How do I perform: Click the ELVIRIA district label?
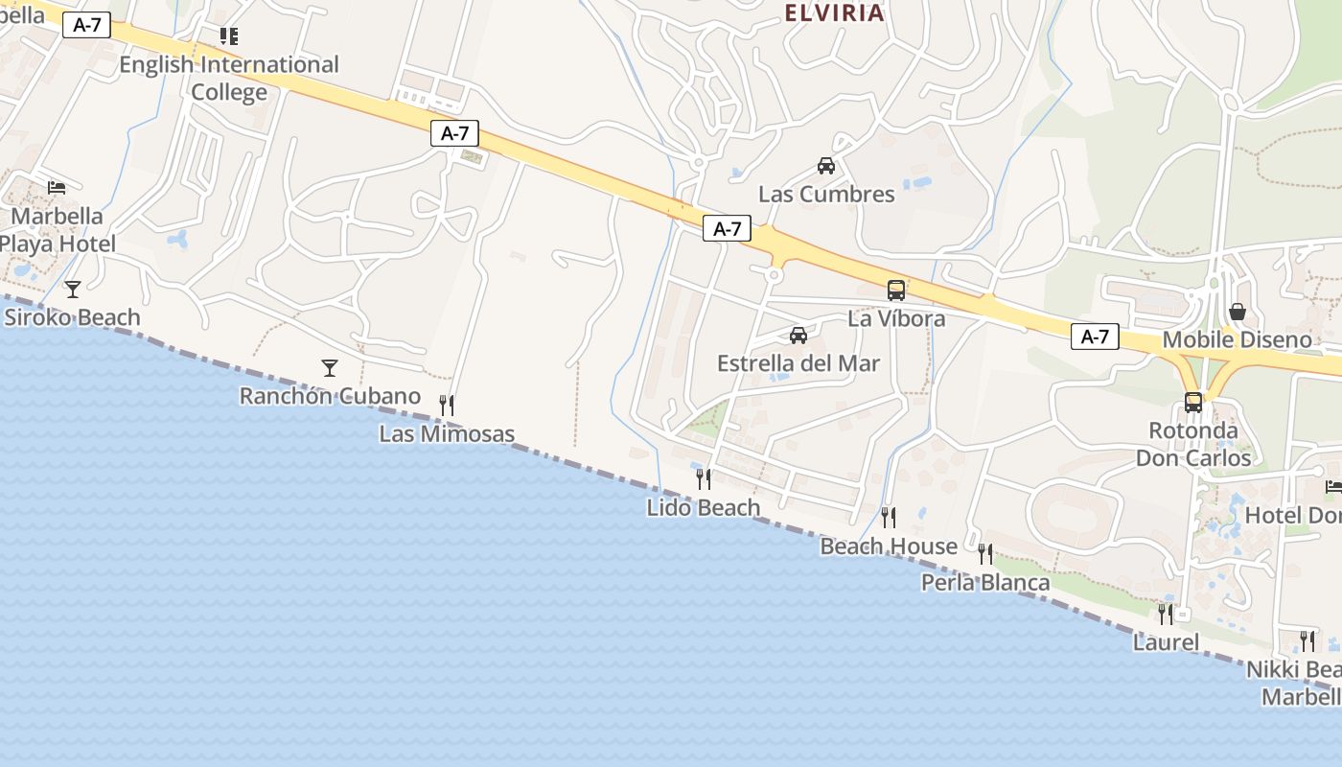pyautogui.click(x=834, y=12)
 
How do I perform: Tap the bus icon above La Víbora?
pyautogui.click(x=896, y=290)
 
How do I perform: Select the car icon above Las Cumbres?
pyautogui.click(x=826, y=166)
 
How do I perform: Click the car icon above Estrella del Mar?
pyautogui.click(x=798, y=335)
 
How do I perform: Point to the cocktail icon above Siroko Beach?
pyautogui.click(x=73, y=289)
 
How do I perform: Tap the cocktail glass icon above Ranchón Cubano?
pyautogui.click(x=330, y=367)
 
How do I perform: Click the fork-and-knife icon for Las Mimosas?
pyautogui.click(x=446, y=406)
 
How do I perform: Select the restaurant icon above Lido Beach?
pyautogui.click(x=704, y=479)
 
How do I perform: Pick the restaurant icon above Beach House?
pyautogui.click(x=889, y=518)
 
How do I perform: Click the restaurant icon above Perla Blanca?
pyautogui.click(x=985, y=554)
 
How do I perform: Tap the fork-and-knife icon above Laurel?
pyautogui.click(x=1166, y=614)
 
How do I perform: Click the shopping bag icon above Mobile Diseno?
pyautogui.click(x=1238, y=312)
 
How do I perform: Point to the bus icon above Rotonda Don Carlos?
pyautogui.click(x=1193, y=403)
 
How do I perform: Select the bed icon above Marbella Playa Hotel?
pyautogui.click(x=57, y=186)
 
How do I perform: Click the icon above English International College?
pyautogui.click(x=228, y=36)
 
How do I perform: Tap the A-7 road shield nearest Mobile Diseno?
pyautogui.click(x=1095, y=337)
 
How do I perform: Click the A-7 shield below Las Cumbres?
pyautogui.click(x=727, y=228)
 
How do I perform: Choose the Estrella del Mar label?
pyautogui.click(x=798, y=363)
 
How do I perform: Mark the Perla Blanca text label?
pyautogui.click(x=985, y=582)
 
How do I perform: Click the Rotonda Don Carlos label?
pyautogui.click(x=1193, y=444)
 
